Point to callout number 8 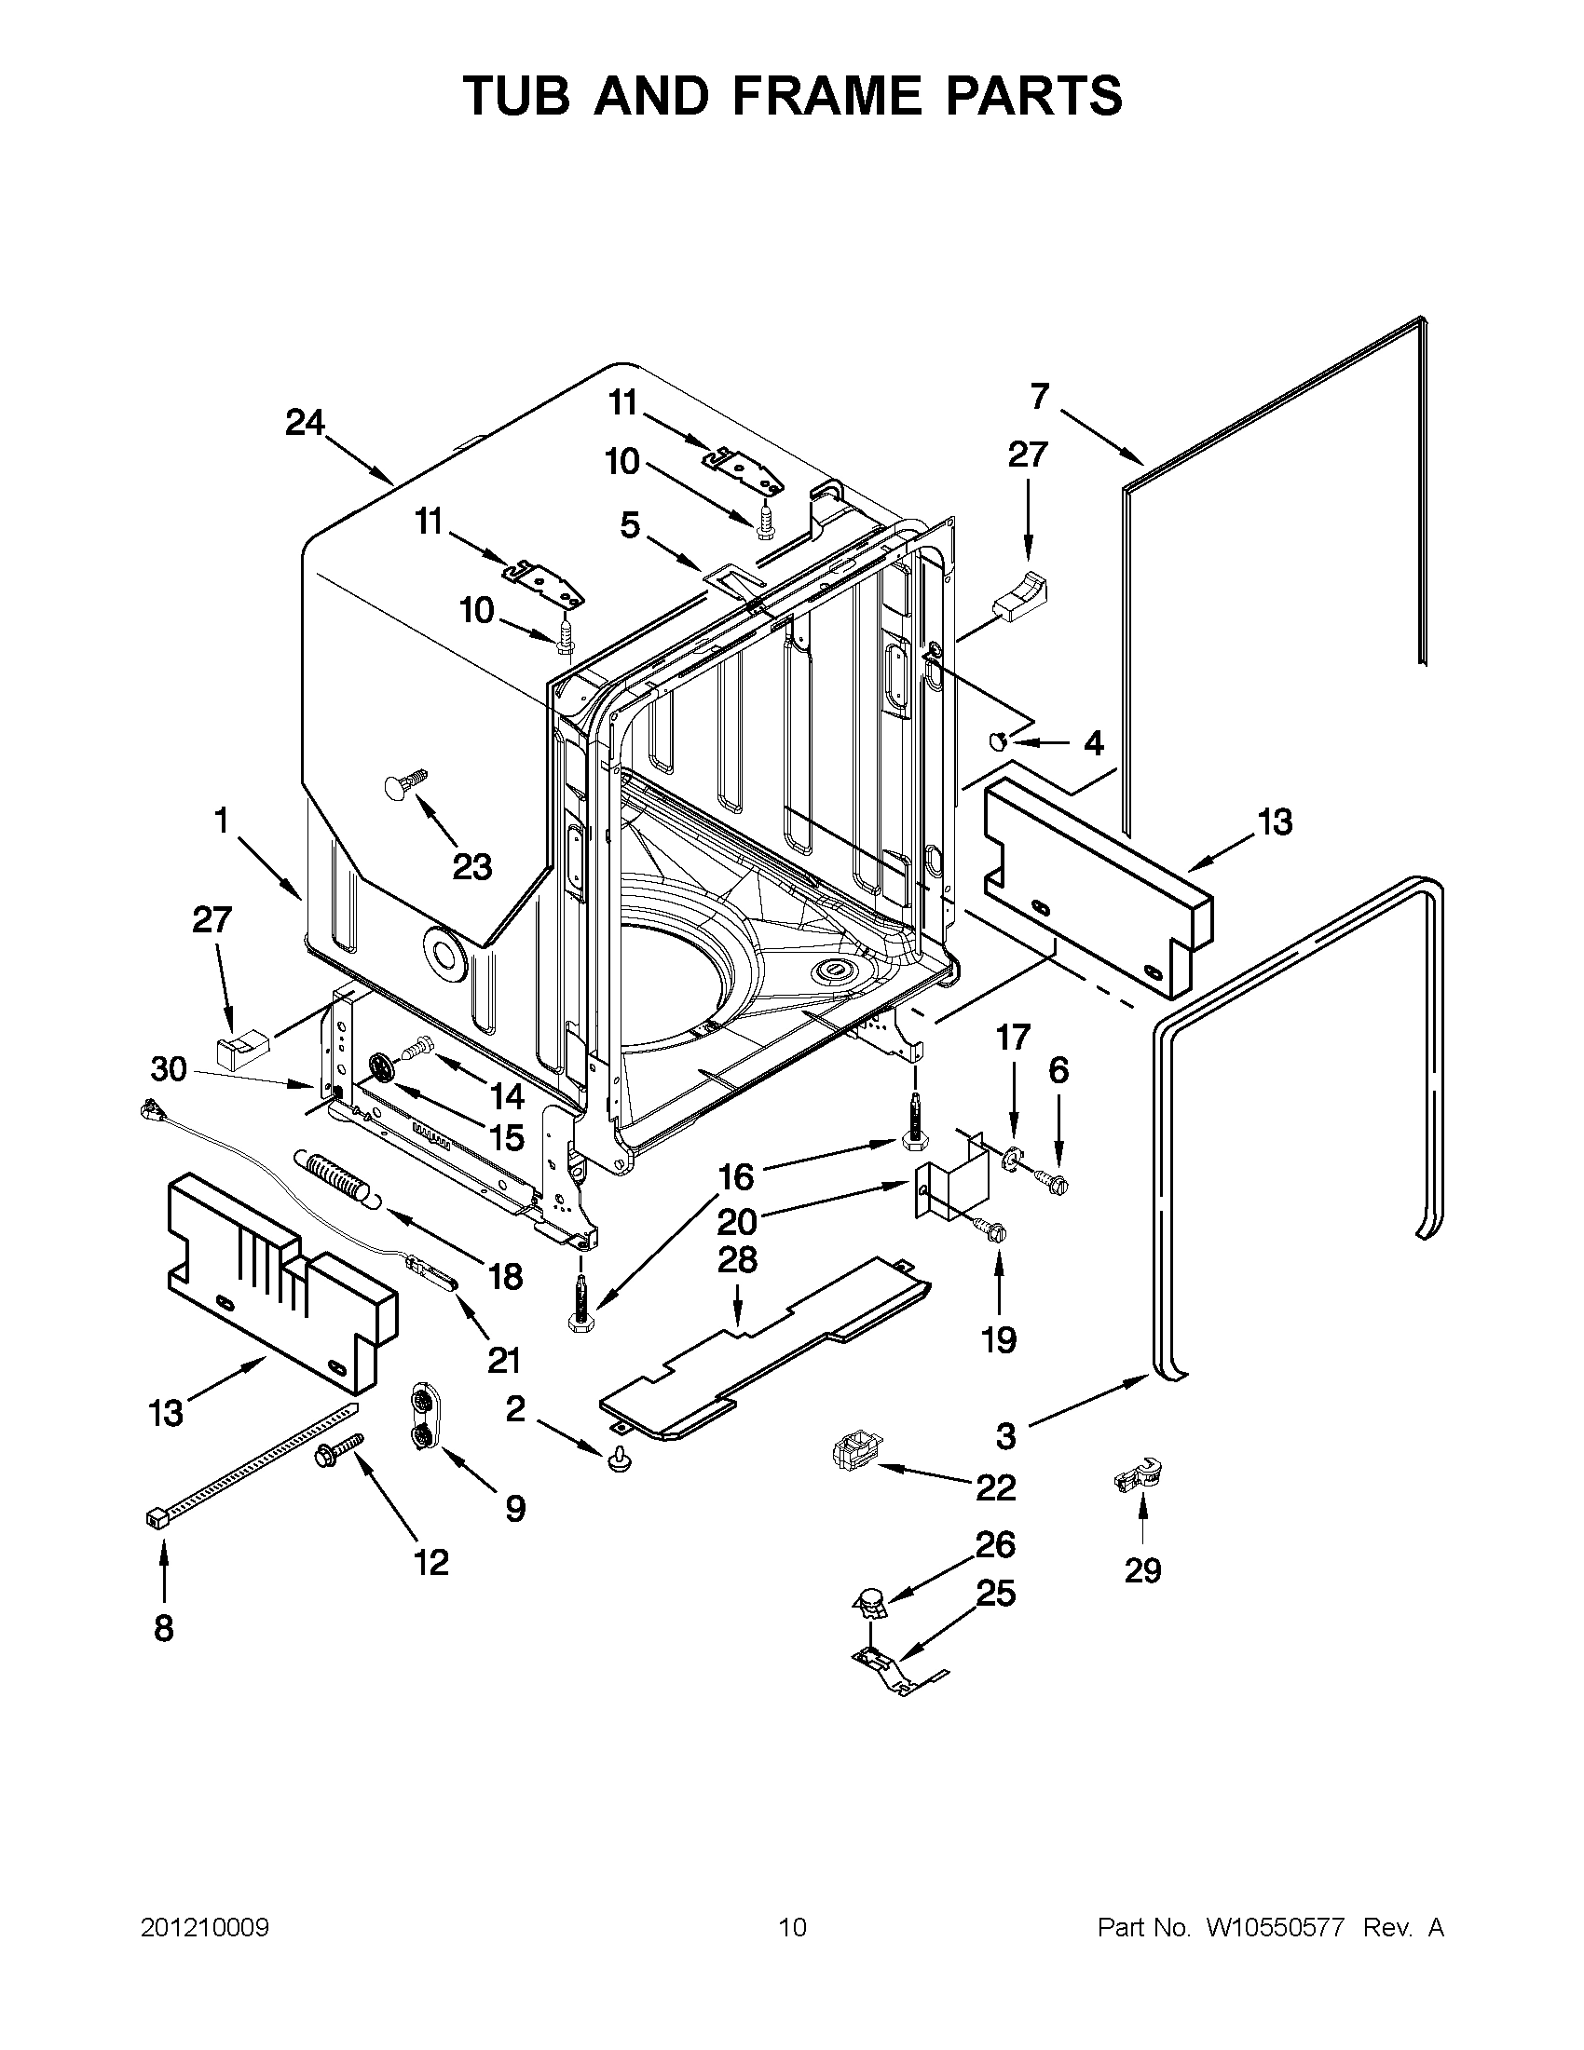(163, 1629)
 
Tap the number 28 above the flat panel (737, 1260)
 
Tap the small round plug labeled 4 (998, 742)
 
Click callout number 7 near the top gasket (1038, 397)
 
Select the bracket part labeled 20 (953, 1188)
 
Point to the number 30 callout (169, 1069)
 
